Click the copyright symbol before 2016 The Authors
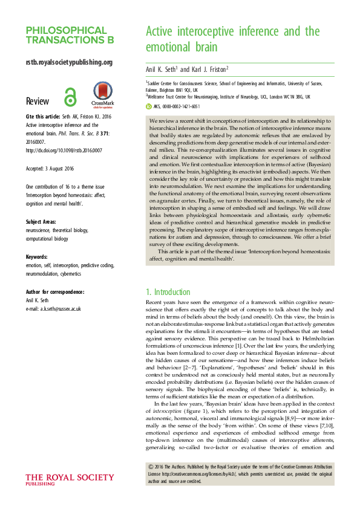click(x=151, y=468)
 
